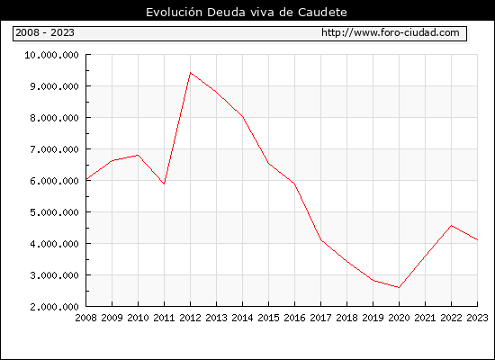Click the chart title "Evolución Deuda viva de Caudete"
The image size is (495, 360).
[247, 13]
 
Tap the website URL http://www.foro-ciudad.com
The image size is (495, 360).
[391, 32]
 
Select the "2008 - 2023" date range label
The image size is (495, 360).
[45, 32]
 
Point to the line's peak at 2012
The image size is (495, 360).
[191, 73]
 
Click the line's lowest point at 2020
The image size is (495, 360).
[399, 287]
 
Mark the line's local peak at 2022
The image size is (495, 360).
[452, 226]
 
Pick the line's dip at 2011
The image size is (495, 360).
[164, 184]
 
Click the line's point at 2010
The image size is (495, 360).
[138, 155]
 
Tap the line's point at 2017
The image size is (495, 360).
[321, 240]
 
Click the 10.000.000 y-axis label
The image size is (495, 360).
[51, 55]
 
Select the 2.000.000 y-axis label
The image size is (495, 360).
[54, 307]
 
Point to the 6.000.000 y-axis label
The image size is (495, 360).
[54, 181]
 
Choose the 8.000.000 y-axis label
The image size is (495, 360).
[54, 118]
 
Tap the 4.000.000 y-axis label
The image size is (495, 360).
[54, 244]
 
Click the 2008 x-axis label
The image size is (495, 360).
[85, 318]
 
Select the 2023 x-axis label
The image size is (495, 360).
[477, 318]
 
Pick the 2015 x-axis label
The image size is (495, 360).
[269, 318]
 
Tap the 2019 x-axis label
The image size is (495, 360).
[373, 318]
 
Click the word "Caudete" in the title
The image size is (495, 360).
[322, 13]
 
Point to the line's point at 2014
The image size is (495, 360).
[242, 117]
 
